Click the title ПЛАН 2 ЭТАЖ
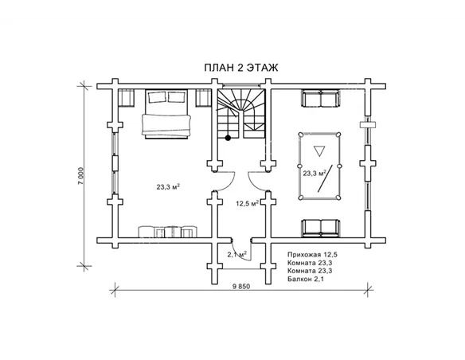coord(241,68)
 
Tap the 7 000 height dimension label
coord(81,176)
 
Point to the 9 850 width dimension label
coord(242,287)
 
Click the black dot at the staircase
coord(228,138)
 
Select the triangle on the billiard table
coord(319,151)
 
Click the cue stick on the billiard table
coord(325,178)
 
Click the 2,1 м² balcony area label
coord(237,254)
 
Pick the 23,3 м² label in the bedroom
coord(169,187)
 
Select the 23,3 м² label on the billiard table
coord(315,173)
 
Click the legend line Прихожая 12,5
coord(313,254)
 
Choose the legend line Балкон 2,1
coord(306,279)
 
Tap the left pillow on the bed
coord(157,97)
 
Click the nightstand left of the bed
coord(126,97)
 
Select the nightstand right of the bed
coord(204,97)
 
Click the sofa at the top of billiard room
coord(320,99)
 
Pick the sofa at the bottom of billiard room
coord(320,228)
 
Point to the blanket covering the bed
coord(166,124)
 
